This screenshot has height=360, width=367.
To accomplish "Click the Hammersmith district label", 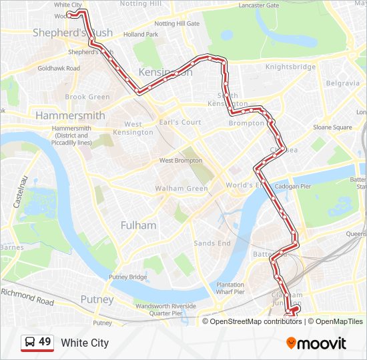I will click(70, 115).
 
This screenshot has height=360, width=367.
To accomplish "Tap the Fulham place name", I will click(138, 225).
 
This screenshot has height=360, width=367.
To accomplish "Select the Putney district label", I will click(97, 299).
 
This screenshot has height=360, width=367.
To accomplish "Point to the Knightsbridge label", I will click(290, 67).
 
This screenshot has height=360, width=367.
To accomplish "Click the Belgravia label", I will click(343, 83).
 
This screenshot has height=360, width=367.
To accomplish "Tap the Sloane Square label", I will click(332, 127).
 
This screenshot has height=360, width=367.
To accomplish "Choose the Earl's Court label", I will click(181, 122).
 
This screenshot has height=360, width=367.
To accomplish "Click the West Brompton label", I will click(179, 161).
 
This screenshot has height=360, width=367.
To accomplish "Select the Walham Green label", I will click(181, 189).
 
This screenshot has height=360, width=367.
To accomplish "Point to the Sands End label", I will click(212, 243).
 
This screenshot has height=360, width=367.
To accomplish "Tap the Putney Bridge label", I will click(128, 277).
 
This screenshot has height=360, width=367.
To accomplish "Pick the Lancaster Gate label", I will click(260, 5).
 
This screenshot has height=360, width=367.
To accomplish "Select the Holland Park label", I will click(141, 34).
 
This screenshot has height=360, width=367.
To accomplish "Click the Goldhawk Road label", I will click(59, 68).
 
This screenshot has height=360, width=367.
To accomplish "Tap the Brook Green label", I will click(87, 97).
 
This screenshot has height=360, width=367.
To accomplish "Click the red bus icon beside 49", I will click(30, 343).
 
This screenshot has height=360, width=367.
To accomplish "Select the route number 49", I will click(45, 342).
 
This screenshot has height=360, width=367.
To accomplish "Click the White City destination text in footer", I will click(85, 343).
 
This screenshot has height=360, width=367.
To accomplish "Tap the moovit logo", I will click(316, 343).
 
